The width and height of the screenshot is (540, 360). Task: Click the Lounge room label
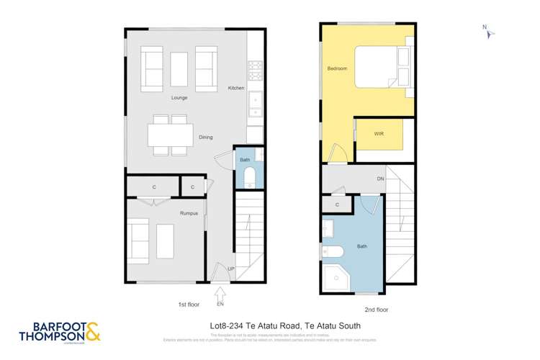point(180,97)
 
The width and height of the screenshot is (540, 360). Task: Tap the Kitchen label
point(236,88)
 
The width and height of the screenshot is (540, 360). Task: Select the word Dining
point(206,137)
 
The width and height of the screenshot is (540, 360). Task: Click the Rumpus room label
point(189,213)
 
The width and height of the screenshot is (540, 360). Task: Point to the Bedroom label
point(337,69)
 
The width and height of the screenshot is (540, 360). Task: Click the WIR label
point(379,135)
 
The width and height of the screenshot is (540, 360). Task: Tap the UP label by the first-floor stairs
point(231,269)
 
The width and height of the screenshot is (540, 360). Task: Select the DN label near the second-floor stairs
point(379,179)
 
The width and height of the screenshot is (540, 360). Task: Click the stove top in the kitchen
point(256,69)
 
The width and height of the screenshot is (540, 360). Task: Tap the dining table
point(170,135)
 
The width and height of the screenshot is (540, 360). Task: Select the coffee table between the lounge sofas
point(179,68)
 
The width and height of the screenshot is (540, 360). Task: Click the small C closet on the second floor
point(337,205)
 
